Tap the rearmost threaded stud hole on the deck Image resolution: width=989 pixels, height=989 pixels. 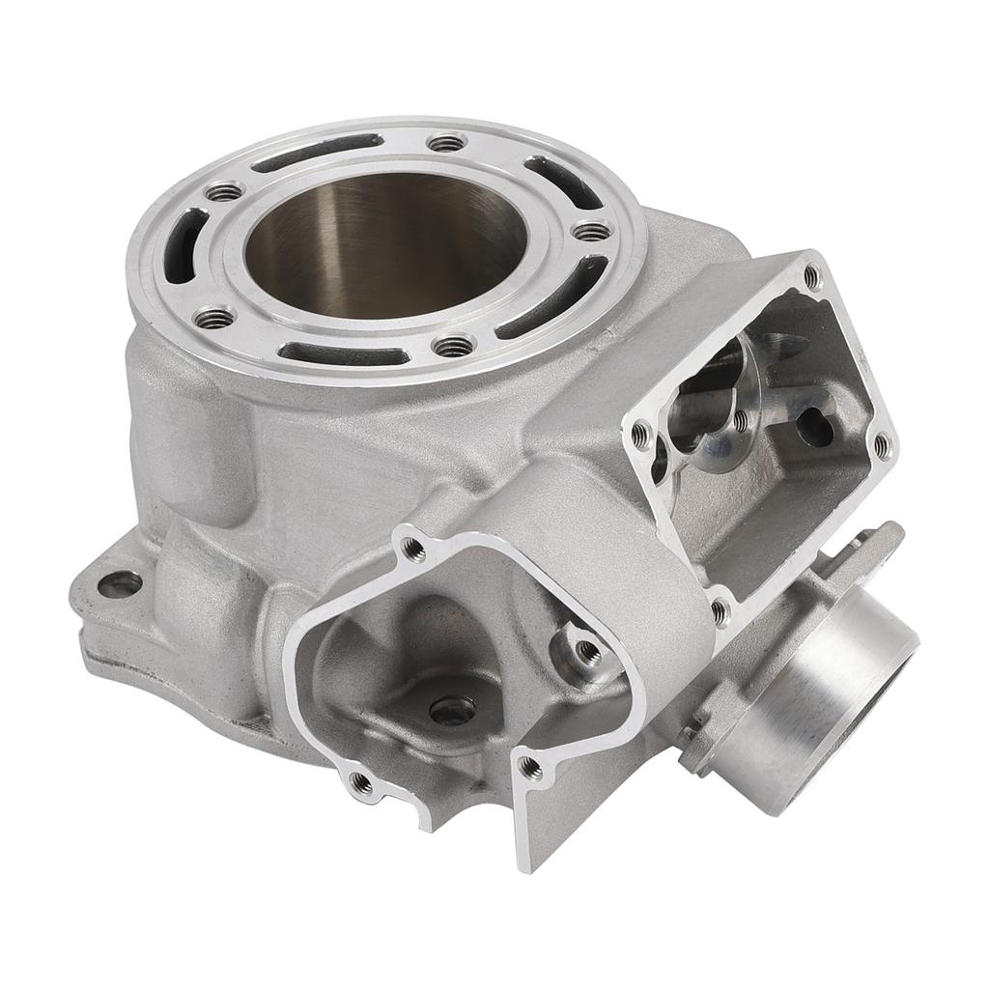coord(446,143)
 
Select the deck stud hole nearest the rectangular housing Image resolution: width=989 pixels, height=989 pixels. coord(590,232)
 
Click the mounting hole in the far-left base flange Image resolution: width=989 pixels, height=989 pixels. coord(120,583)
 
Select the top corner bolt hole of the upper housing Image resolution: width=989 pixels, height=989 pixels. coord(811,277)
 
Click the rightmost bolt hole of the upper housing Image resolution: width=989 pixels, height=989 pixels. coord(881,445)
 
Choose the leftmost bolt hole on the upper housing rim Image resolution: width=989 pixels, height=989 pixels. coord(640,434)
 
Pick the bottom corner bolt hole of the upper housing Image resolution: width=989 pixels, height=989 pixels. coord(720,610)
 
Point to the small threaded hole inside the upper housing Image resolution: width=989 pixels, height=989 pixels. coord(740,420)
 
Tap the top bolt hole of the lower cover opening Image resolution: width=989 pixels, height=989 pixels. coord(413,549)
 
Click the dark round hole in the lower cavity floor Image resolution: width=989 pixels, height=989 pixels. coord(452,711)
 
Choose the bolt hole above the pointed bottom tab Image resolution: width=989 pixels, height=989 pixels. coord(529,768)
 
